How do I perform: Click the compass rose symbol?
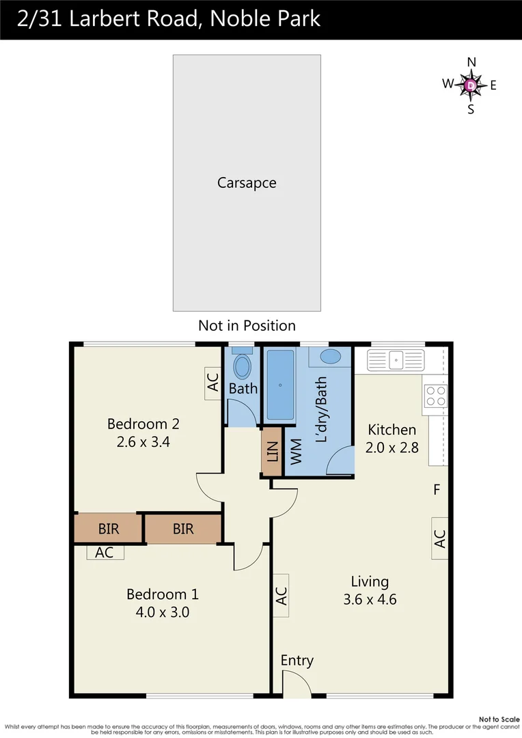coord(471,85)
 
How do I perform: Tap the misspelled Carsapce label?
coord(247,183)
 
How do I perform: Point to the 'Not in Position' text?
coord(247,325)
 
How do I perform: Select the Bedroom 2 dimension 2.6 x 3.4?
coord(143,441)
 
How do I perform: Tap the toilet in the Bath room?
coord(243,364)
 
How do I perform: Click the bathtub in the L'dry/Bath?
coord(279,385)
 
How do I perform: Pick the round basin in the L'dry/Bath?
coord(331,357)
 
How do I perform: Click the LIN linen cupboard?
coord(272,450)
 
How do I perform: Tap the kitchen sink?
coord(395,359)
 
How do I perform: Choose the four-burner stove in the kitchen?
coord(436,396)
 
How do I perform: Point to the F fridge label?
coord(435,489)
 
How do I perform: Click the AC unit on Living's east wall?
coord(439,538)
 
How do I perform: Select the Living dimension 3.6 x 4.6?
coord(370,600)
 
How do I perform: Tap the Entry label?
coord(297,660)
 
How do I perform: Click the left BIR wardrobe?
coord(108,528)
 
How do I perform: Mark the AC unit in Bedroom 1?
coord(105,553)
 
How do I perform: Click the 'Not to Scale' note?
coord(499,720)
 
